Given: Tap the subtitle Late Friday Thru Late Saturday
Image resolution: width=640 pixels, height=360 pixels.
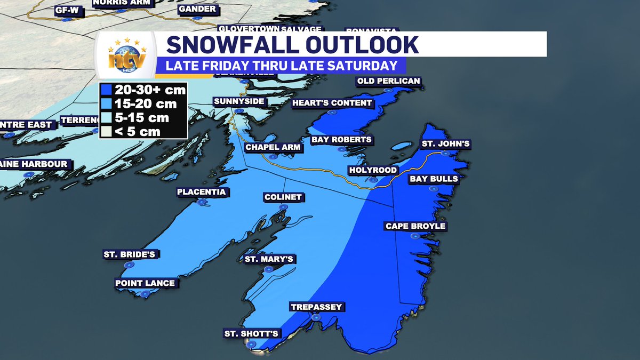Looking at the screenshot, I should click(x=281, y=66).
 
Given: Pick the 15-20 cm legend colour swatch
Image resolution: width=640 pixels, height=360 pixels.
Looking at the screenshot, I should click(x=106, y=104).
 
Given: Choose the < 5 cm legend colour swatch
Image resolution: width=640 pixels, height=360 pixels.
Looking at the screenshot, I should click(x=106, y=131).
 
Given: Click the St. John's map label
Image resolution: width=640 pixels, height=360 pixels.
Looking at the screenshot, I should click(x=446, y=144).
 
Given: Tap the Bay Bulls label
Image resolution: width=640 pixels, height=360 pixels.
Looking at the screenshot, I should click(x=434, y=179).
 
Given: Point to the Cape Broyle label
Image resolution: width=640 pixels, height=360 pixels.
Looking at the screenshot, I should click(x=415, y=226).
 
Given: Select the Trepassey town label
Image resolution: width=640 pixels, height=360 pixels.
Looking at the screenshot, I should click(x=316, y=307).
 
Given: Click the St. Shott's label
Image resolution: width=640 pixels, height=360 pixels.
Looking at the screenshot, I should click(x=251, y=334).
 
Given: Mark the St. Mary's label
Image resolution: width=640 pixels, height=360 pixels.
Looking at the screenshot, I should click(x=269, y=259).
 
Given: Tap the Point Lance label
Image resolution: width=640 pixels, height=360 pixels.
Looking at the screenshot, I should click(x=145, y=283).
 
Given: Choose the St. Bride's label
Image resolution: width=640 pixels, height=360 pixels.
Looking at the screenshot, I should click(x=130, y=254).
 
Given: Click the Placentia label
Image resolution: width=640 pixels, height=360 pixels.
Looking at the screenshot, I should click(x=202, y=192).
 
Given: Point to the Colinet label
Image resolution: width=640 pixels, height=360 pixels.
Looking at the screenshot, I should click(x=283, y=197).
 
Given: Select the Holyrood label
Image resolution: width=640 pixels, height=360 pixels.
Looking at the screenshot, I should click(x=373, y=170).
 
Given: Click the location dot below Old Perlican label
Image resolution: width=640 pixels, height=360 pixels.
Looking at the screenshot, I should click(x=389, y=91).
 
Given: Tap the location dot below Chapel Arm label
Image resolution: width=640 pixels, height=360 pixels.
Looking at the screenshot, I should click(x=273, y=157).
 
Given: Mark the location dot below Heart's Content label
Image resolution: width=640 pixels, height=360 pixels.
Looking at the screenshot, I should click(x=331, y=113).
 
